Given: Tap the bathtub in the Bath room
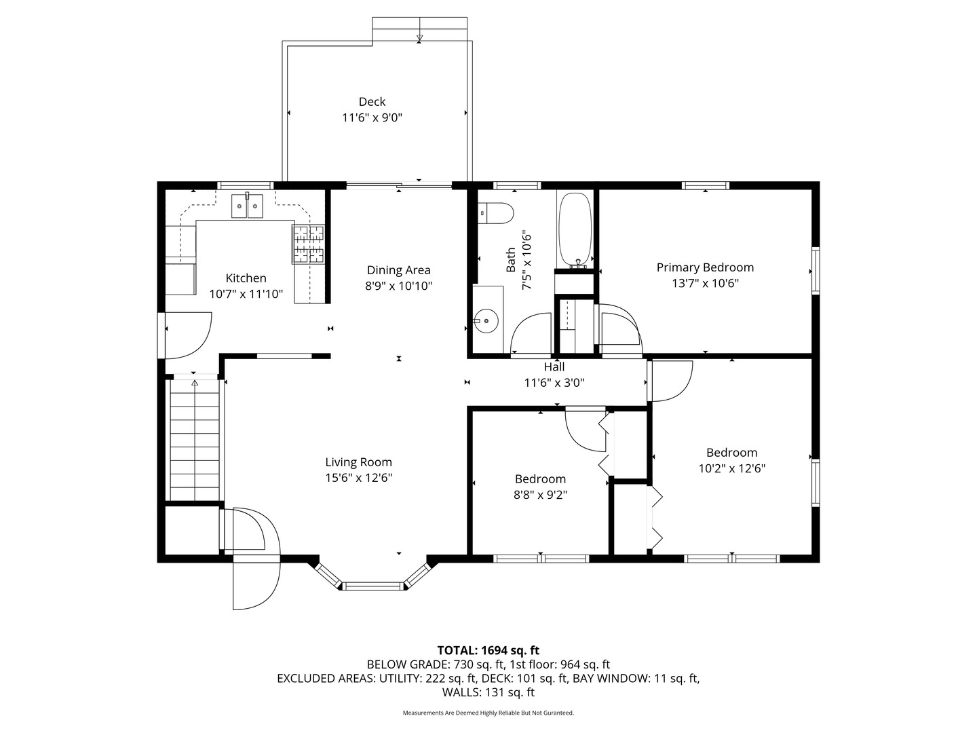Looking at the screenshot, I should click(x=575, y=230).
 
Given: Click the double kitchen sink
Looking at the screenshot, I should click(x=248, y=206).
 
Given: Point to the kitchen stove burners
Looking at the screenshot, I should click(x=309, y=244).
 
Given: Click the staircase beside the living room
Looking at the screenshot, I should click(x=195, y=441).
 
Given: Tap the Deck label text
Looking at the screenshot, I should click(x=372, y=102).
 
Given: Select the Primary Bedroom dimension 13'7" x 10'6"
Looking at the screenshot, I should click(x=705, y=283).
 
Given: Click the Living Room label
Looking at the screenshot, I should click(x=358, y=462).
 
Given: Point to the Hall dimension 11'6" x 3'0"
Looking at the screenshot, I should click(x=554, y=382).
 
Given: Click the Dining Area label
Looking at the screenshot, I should click(x=398, y=270).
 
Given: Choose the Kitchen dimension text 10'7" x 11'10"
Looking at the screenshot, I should click(x=246, y=294).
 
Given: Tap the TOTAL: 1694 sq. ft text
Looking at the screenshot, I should click(x=488, y=650).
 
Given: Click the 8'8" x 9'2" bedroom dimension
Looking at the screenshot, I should click(x=540, y=495).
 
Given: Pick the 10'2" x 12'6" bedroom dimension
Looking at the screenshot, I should click(x=731, y=468).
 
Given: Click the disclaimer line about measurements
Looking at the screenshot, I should click(x=488, y=713).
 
